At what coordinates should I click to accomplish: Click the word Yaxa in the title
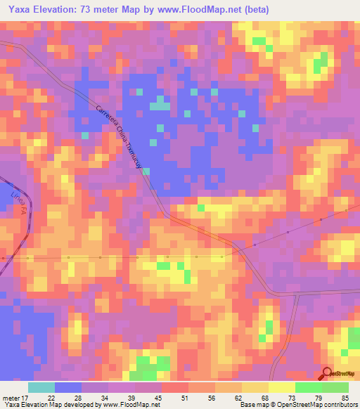click(x=21, y=10)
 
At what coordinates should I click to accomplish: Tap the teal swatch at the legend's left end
click(x=41, y=387)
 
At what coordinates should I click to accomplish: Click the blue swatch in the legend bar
click(x=68, y=387)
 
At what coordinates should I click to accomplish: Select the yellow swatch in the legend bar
click(x=281, y=387)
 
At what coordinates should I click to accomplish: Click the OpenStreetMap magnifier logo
click(x=327, y=374)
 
